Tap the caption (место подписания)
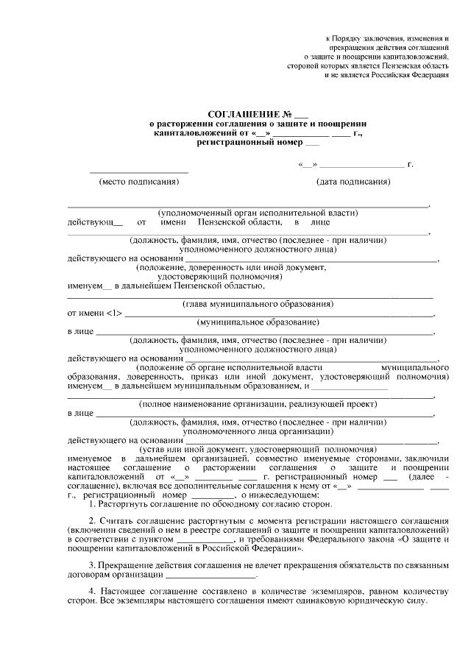[140, 182]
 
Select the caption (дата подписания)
[353, 182]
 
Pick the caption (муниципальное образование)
[250, 323]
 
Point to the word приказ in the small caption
[190, 375]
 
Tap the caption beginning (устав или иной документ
[258, 448]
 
